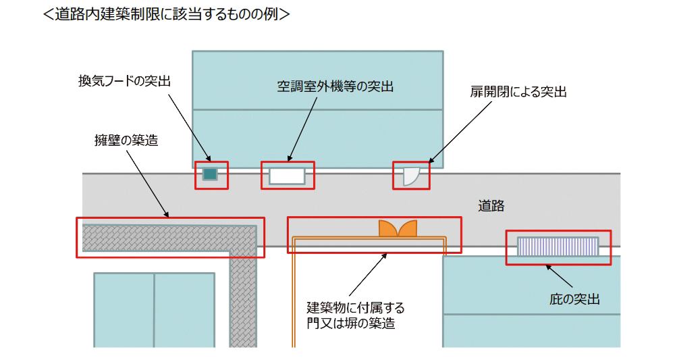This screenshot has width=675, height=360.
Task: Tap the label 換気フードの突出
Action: [125, 82]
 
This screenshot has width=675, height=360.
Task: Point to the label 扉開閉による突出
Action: [518, 92]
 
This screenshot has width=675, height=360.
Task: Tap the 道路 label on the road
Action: [491, 206]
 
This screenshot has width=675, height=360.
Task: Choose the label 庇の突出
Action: [575, 299]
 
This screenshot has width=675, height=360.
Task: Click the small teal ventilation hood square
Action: [211, 175]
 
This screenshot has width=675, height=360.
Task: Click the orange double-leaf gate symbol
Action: [398, 228]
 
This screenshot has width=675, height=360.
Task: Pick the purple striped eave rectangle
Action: [558, 247]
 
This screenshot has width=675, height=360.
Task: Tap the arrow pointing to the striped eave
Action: [560, 276]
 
